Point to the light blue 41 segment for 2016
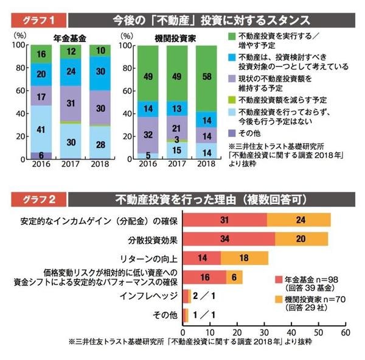(41, 129)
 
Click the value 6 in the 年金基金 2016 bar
(41, 155)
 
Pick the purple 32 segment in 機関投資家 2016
(148, 135)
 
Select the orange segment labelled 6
(235, 277)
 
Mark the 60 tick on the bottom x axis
(345, 333)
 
